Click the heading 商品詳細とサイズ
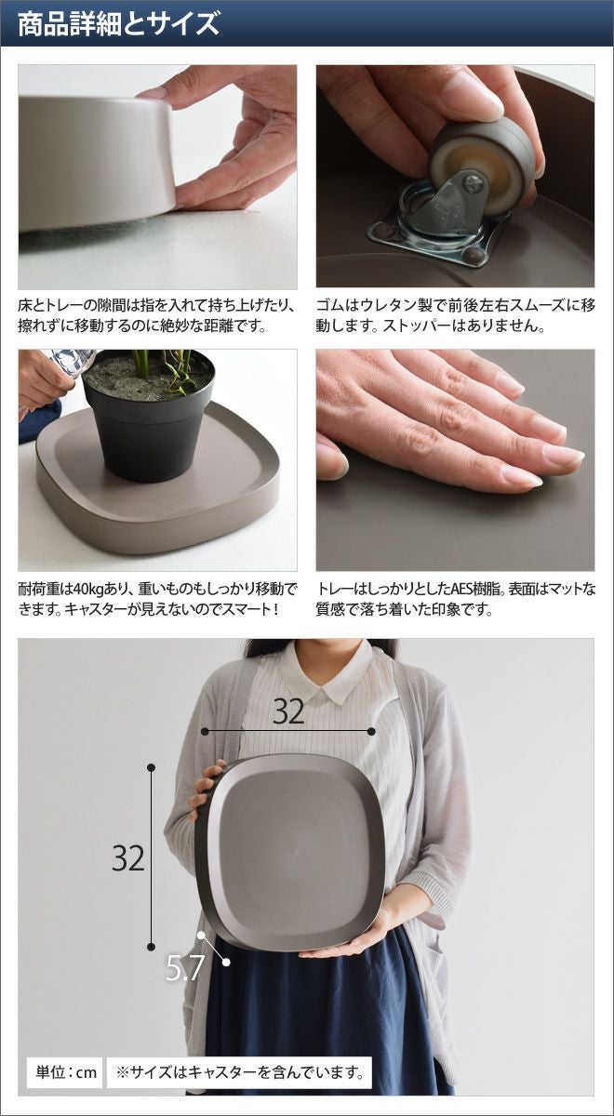119,23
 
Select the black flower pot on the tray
149,417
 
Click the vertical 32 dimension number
128,857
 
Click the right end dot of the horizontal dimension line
371,731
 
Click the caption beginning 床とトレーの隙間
156,316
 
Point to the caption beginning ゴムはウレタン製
456,316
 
